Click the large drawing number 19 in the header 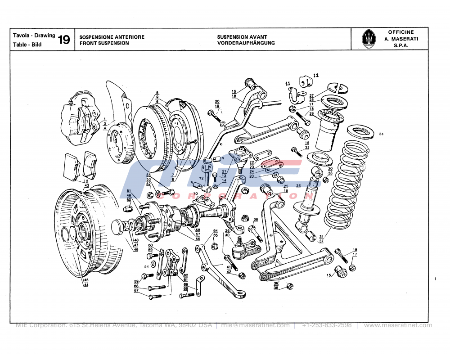(63, 40)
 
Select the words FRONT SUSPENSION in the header (104, 43)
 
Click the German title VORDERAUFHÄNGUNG (246, 43)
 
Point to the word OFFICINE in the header (400, 32)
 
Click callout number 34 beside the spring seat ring (381, 134)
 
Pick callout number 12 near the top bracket (315, 75)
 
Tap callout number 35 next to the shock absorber (298, 185)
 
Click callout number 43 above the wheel (86, 185)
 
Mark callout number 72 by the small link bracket (201, 179)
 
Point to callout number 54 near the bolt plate (146, 266)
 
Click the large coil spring (346, 184)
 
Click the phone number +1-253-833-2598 (327, 325)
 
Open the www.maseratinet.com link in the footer (397, 325)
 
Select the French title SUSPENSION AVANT (242, 37)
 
